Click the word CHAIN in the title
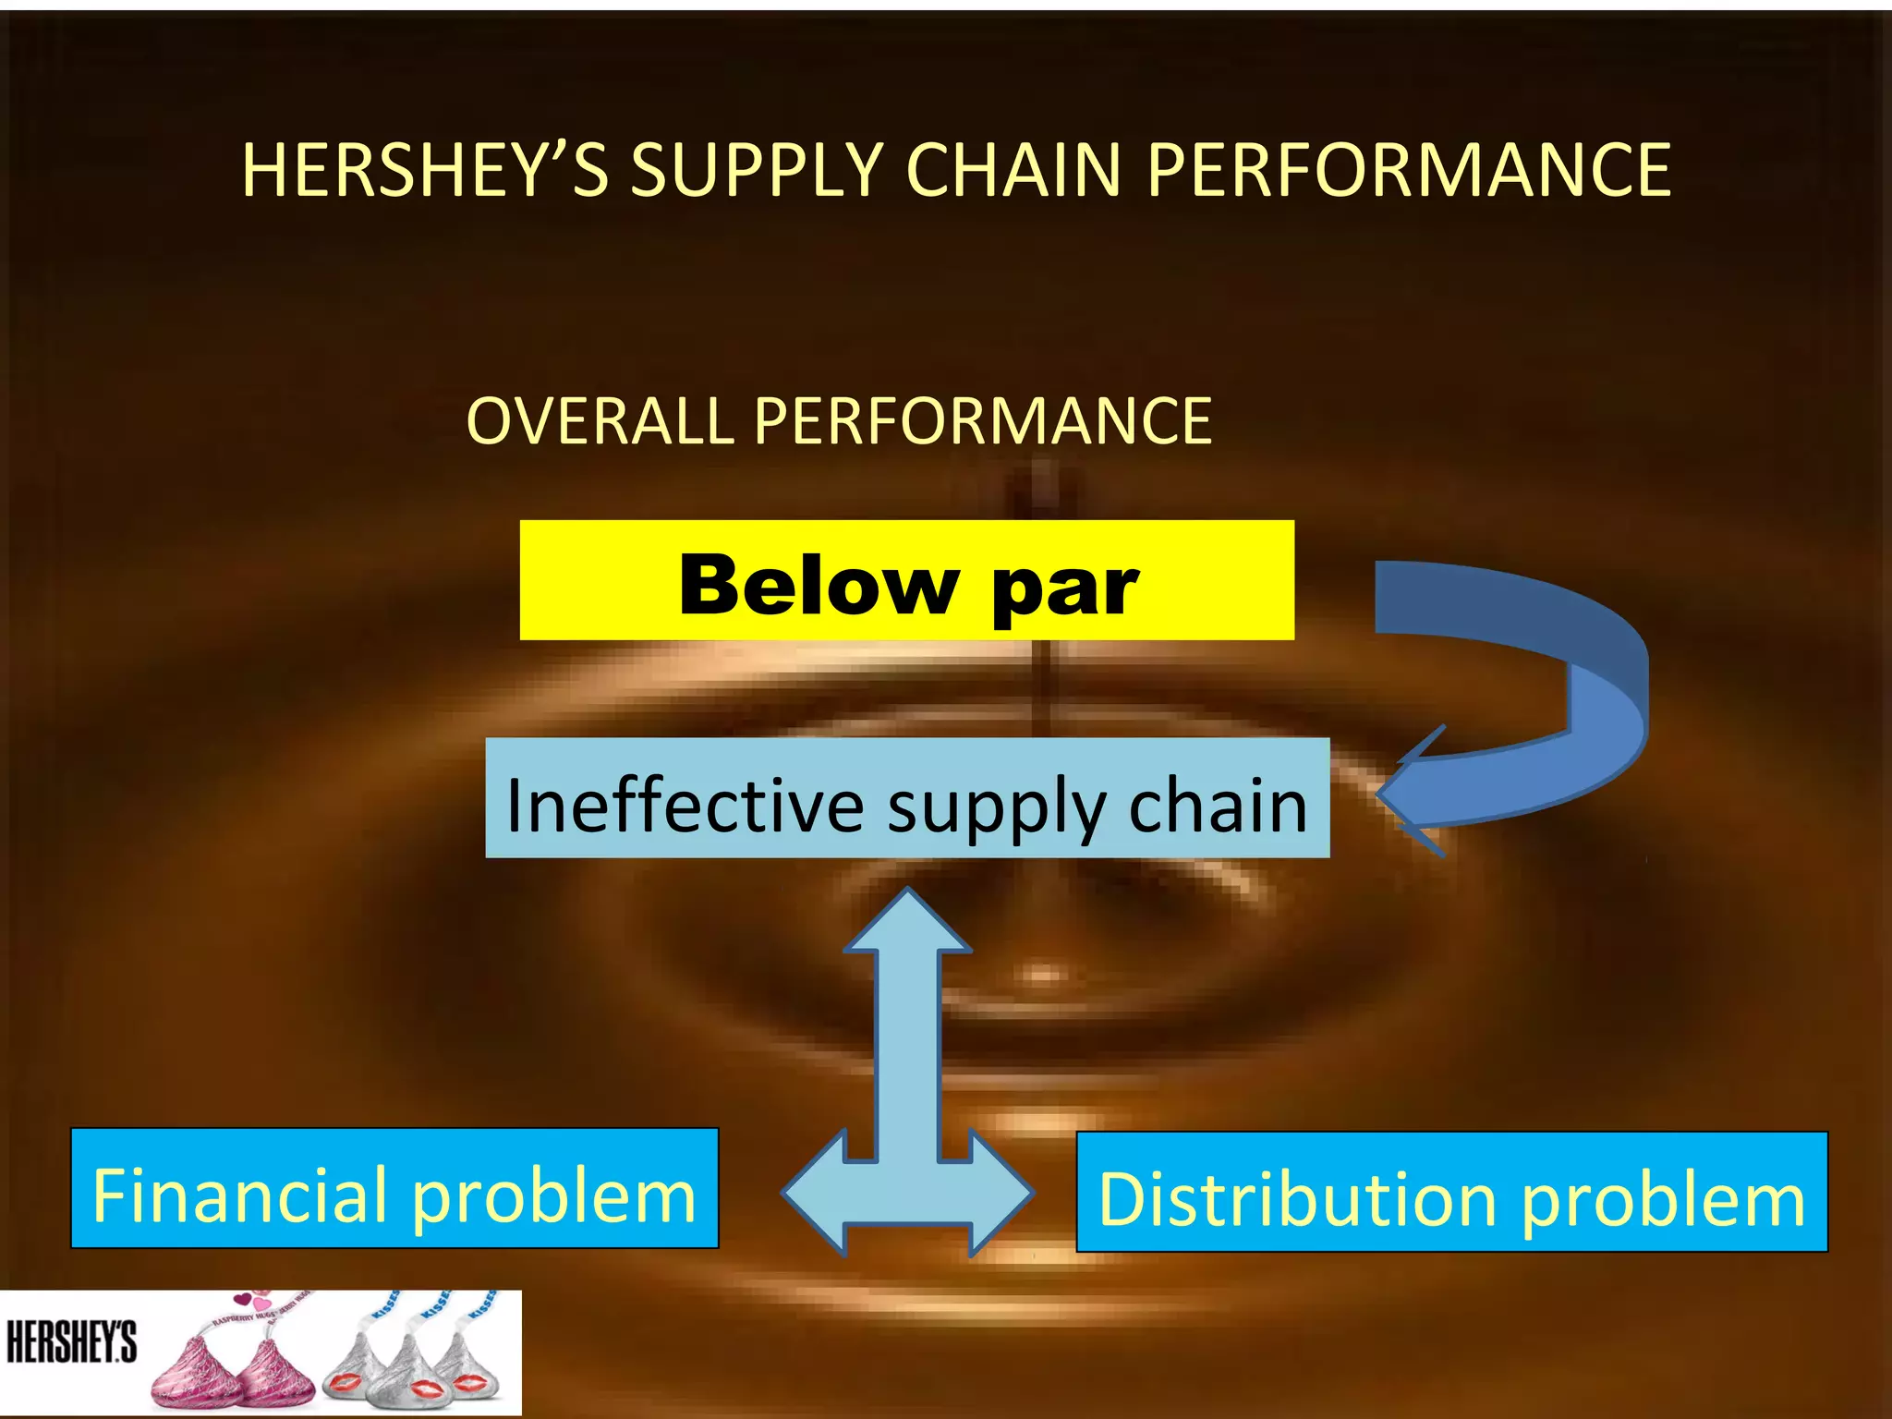click(1016, 171)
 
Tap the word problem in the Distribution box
click(1663, 1201)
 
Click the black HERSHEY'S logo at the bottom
click(71, 1342)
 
